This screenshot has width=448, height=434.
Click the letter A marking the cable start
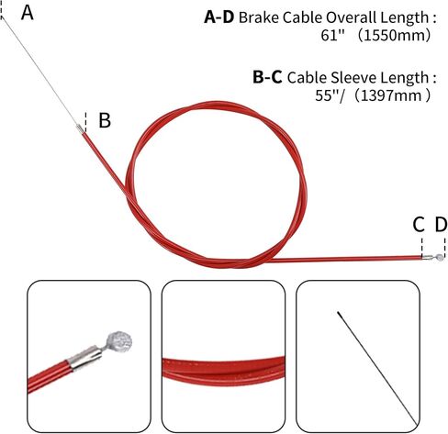pos(28,13)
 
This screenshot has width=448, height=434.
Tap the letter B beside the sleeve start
pos(105,120)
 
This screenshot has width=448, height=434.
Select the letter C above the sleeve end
pos(419,225)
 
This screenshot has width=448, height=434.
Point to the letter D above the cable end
pos(441,225)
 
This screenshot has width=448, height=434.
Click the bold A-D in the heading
pos(219,17)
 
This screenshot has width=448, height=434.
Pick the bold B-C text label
pos(267,77)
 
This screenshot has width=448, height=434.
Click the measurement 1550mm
pos(394,36)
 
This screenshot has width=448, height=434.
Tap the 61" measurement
pos(333,35)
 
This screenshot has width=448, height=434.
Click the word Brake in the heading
pos(259,17)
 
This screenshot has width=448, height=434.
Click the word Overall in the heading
pos(351,17)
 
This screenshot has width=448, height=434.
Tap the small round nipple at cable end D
pos(440,257)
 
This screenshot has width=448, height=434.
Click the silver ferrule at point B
pos(80,128)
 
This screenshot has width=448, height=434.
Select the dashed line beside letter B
pos(85,122)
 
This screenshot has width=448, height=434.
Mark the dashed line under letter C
pos(422,248)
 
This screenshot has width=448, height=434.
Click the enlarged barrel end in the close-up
pos(119,341)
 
